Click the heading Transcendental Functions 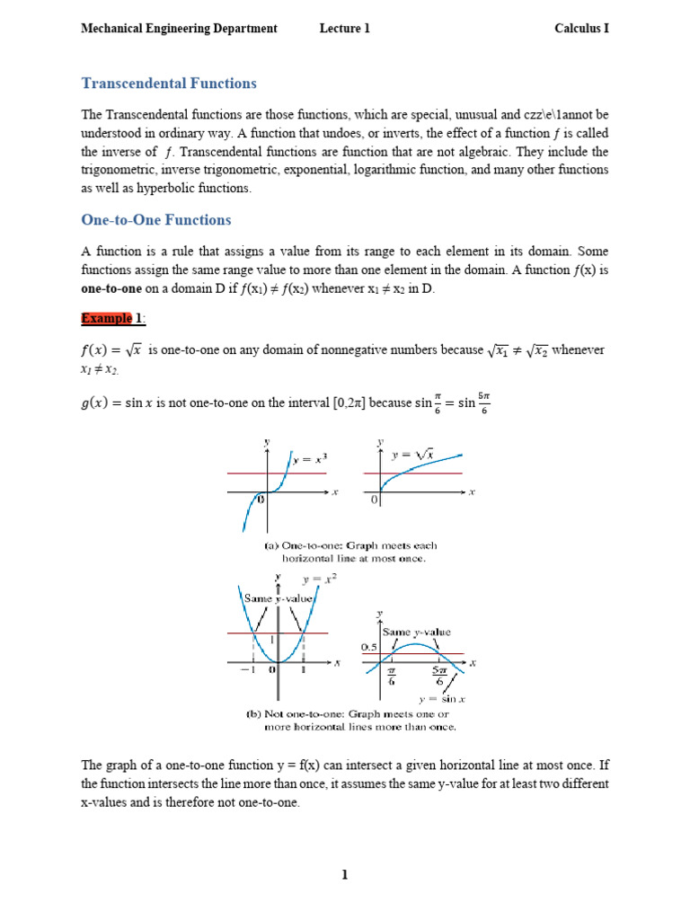coord(169,84)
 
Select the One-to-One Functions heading coord(155,220)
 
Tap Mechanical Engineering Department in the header coord(179,29)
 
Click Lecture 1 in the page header coord(344,29)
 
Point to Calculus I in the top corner coord(581,29)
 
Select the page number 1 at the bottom coord(344,877)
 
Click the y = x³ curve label coord(312,459)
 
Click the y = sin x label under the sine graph coord(439,698)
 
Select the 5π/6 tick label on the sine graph coord(439,675)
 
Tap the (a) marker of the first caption coord(271,544)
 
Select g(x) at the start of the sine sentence coord(98,404)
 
